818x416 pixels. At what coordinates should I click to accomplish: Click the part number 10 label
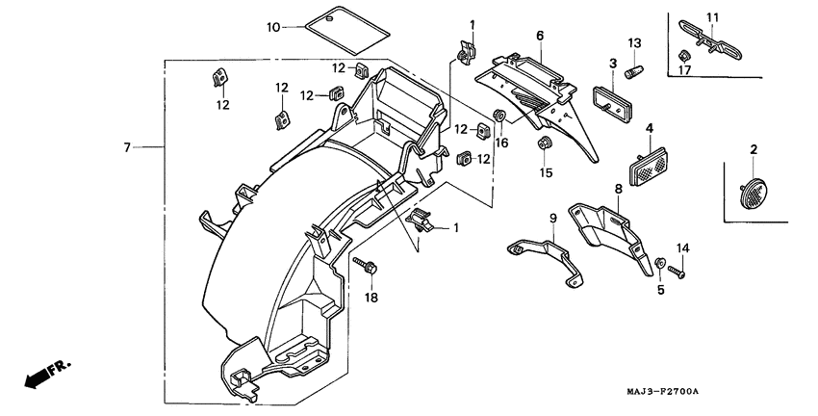pos(273,27)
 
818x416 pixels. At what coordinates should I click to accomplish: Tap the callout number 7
pos(127,147)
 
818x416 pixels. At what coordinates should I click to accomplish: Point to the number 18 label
pos(371,299)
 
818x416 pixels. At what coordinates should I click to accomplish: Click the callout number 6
pos(540,36)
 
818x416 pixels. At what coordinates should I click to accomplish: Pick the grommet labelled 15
pos(544,144)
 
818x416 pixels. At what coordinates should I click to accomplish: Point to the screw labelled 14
pos(679,273)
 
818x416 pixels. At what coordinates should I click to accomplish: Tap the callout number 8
pos(617,190)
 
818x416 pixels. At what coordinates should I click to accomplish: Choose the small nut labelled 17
pos(682,54)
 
